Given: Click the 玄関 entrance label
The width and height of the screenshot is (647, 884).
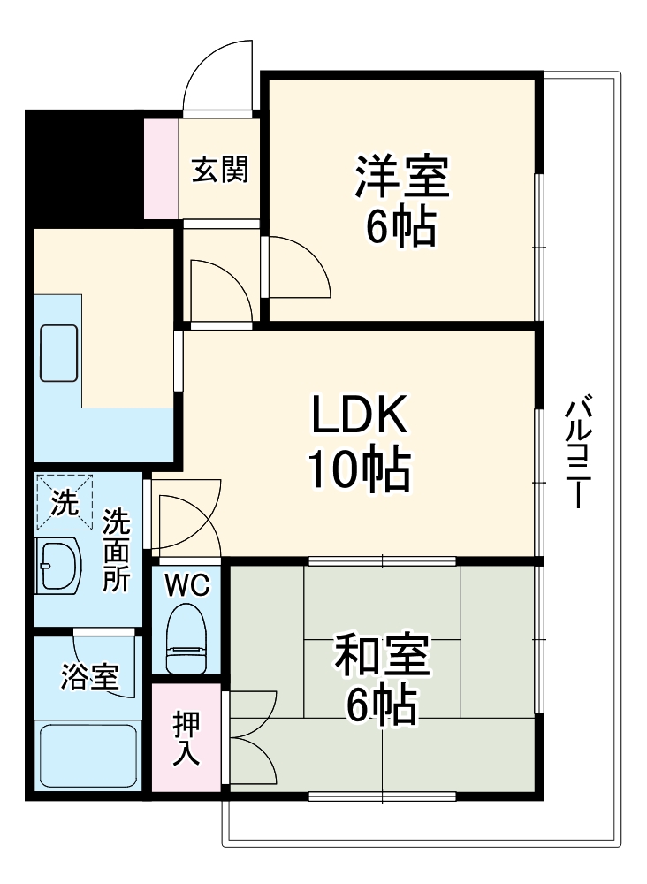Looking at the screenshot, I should tap(220, 168).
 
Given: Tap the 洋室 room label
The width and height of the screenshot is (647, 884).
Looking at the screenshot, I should tap(402, 176).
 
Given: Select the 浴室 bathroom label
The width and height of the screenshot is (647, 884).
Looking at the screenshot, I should tap(88, 679).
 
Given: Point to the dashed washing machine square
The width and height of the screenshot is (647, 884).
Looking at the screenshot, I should tap(64, 501).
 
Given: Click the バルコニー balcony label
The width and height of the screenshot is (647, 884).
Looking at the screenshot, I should tap(578, 452).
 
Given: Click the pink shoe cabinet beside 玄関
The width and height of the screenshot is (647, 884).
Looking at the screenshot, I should tap(161, 168).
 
